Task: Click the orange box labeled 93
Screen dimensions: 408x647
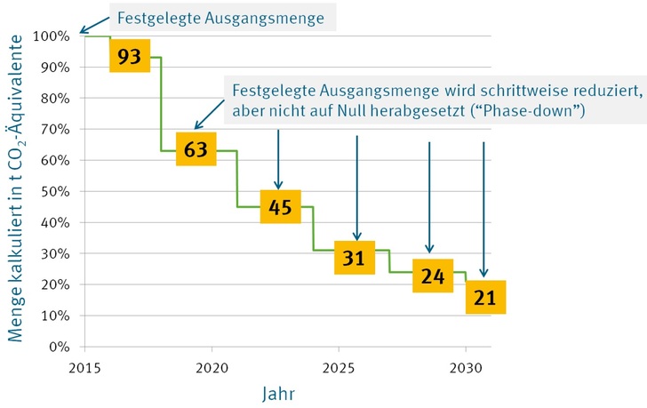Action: tap(129, 57)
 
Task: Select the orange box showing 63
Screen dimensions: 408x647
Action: tap(196, 150)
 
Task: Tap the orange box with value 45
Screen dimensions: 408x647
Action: tap(281, 209)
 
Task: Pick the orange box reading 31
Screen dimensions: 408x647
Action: tap(354, 259)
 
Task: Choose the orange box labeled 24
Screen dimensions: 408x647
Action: tap(433, 276)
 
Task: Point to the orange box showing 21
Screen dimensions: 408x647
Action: tap(486, 297)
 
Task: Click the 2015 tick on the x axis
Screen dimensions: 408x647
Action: tap(84, 367)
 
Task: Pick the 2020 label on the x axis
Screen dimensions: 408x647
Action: tap(211, 367)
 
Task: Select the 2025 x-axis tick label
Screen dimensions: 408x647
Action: tap(339, 367)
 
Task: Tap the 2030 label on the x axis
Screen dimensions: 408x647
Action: tap(466, 367)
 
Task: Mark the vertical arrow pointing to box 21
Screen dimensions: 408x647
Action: tap(484, 209)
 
